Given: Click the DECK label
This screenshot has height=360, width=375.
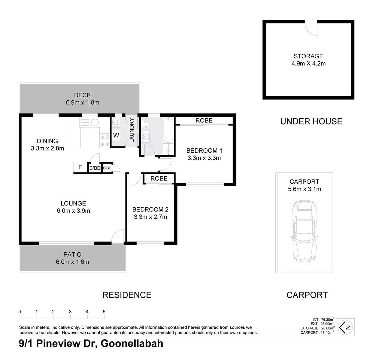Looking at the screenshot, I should tap(82, 95).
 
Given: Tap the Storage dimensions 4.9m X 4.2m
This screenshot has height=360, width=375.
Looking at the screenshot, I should tap(308, 63).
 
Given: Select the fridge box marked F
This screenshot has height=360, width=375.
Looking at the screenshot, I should tap(80, 167).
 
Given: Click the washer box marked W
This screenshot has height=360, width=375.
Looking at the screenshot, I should tap(116, 136).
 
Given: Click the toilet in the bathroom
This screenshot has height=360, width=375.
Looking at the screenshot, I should tap(146, 124).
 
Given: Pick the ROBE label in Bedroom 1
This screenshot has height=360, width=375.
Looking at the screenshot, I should tap(204, 120).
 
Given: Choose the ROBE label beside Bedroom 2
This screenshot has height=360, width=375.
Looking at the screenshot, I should tap(159, 179).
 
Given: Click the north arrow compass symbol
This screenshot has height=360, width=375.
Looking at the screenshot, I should tap(345, 327).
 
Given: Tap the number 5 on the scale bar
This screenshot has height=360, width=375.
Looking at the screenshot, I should tap(104, 312).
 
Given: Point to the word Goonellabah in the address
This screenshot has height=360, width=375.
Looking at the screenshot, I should tap(132, 343).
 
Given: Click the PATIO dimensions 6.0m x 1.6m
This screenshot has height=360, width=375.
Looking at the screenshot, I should tap(72, 262).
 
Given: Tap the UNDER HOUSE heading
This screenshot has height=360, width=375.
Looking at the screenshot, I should tap(311, 121).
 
